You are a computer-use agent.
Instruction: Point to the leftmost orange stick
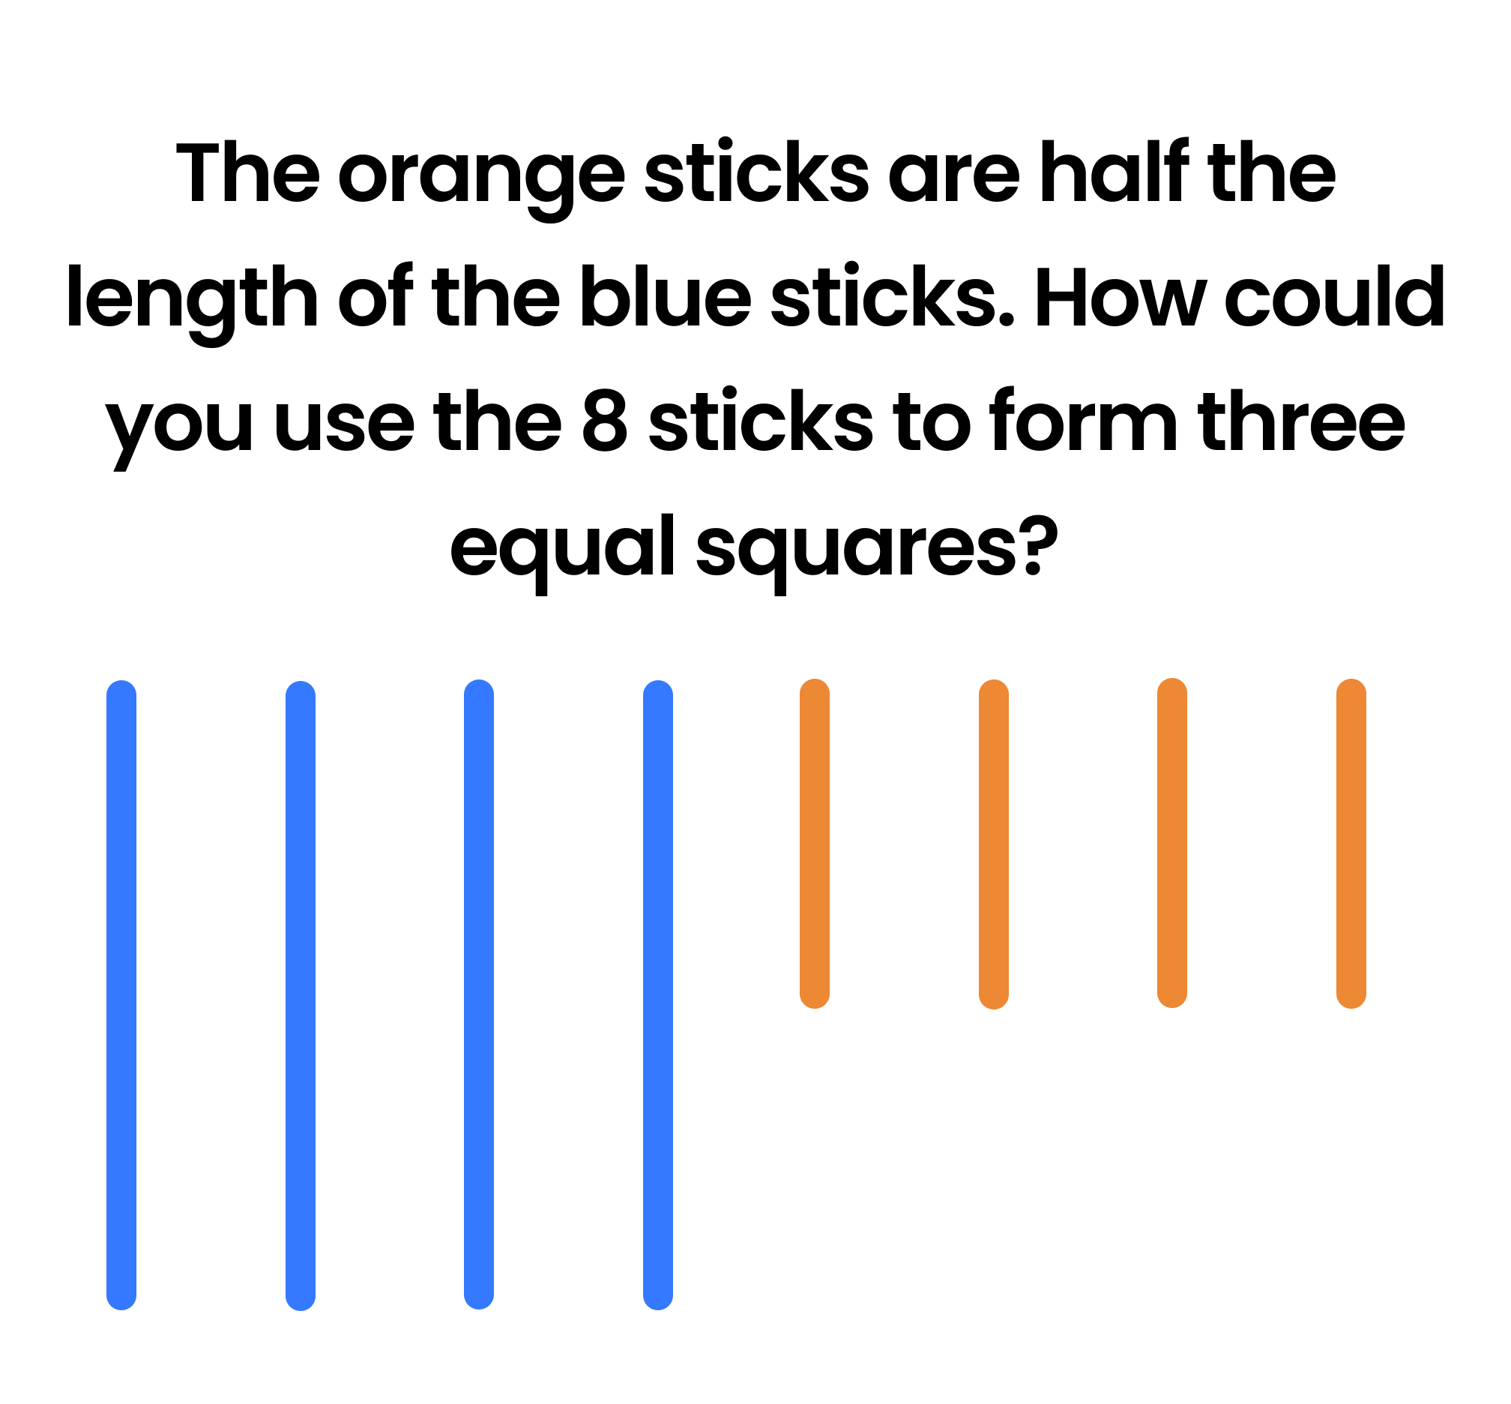pos(815,843)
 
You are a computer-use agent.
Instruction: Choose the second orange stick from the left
pos(994,844)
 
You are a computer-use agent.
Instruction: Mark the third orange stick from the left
pos(1172,842)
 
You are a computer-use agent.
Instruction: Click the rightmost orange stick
pos(1351,843)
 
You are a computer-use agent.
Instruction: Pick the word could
pos(1335,295)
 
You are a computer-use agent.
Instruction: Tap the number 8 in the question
pos(605,421)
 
